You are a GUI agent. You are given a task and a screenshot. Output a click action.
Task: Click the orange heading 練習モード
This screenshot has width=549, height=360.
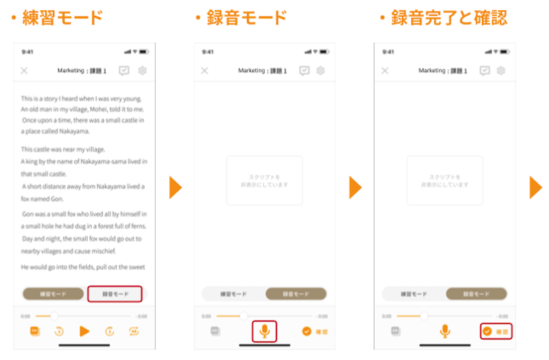coord(62,18)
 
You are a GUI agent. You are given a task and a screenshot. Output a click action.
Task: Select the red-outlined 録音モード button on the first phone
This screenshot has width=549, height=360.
coord(115,294)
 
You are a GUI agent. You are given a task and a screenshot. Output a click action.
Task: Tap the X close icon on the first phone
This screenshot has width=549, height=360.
coord(24,71)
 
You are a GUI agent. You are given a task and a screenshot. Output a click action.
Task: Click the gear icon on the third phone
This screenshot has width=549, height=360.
coord(501,71)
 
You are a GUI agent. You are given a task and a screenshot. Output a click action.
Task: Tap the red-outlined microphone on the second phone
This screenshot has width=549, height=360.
coord(264,331)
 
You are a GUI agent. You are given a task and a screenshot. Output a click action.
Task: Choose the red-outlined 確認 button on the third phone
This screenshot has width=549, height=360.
coord(495,331)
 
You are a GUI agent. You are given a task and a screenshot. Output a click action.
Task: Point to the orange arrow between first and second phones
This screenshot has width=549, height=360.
coord(176,187)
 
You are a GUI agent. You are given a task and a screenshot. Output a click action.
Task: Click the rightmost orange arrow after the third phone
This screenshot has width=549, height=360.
coord(535,187)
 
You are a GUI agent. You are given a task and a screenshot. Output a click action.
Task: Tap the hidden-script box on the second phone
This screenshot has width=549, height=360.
coord(264,181)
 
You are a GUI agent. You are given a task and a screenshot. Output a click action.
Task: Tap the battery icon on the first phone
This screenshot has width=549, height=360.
coord(143,52)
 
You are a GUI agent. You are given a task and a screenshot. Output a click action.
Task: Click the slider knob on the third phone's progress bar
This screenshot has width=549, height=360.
coord(423,316)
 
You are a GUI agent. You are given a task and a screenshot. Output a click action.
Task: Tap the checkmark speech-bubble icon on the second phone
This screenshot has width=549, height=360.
coord(305,71)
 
